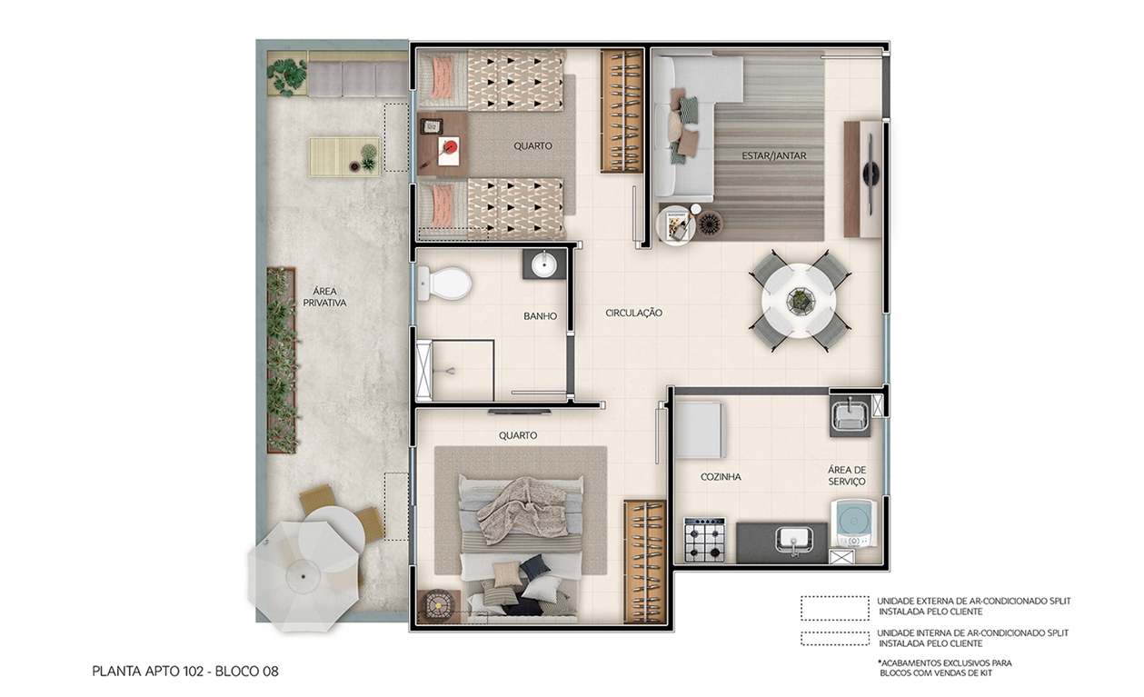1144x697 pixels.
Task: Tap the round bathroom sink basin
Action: click(544, 264)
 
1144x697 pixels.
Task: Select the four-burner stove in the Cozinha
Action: click(704, 539)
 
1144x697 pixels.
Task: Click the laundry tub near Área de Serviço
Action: click(850, 415)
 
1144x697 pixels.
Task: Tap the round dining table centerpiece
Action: click(800, 299)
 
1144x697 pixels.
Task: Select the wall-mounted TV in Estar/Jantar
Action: click(870, 177)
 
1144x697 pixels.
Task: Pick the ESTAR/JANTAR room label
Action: click(773, 155)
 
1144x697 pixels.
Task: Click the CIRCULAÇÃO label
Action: click(633, 313)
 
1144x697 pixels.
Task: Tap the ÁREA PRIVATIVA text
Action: click(323, 297)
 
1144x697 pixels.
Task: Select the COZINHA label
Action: click(721, 476)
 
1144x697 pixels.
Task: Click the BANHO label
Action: click(540, 316)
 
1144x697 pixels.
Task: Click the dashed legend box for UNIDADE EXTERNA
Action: click(834, 608)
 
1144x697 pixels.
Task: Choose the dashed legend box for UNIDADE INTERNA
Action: click(834, 638)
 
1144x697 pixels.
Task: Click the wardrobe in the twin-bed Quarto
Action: click(622, 111)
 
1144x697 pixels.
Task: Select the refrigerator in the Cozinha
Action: click(699, 430)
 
